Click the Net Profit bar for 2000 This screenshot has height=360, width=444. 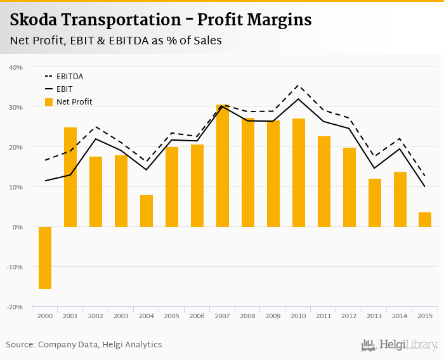coord(45,257)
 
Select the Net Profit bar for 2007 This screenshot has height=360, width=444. coord(223,166)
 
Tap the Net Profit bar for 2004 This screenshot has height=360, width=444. coord(147,211)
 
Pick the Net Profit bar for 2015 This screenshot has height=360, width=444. coord(425,220)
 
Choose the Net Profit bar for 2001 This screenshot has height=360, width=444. coord(70,177)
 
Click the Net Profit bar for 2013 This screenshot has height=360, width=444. coord(375,203)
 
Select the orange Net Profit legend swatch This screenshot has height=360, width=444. coord(49,102)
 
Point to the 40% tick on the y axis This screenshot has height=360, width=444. coord(16,67)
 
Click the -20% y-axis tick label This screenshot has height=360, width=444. coord(15,307)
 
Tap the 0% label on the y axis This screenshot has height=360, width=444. coord(18,227)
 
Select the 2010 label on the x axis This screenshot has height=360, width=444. coord(299,316)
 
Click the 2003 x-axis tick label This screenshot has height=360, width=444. coord(121,316)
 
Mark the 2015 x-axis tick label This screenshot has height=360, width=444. coord(426,316)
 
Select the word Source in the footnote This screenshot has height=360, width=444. coord(20,345)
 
